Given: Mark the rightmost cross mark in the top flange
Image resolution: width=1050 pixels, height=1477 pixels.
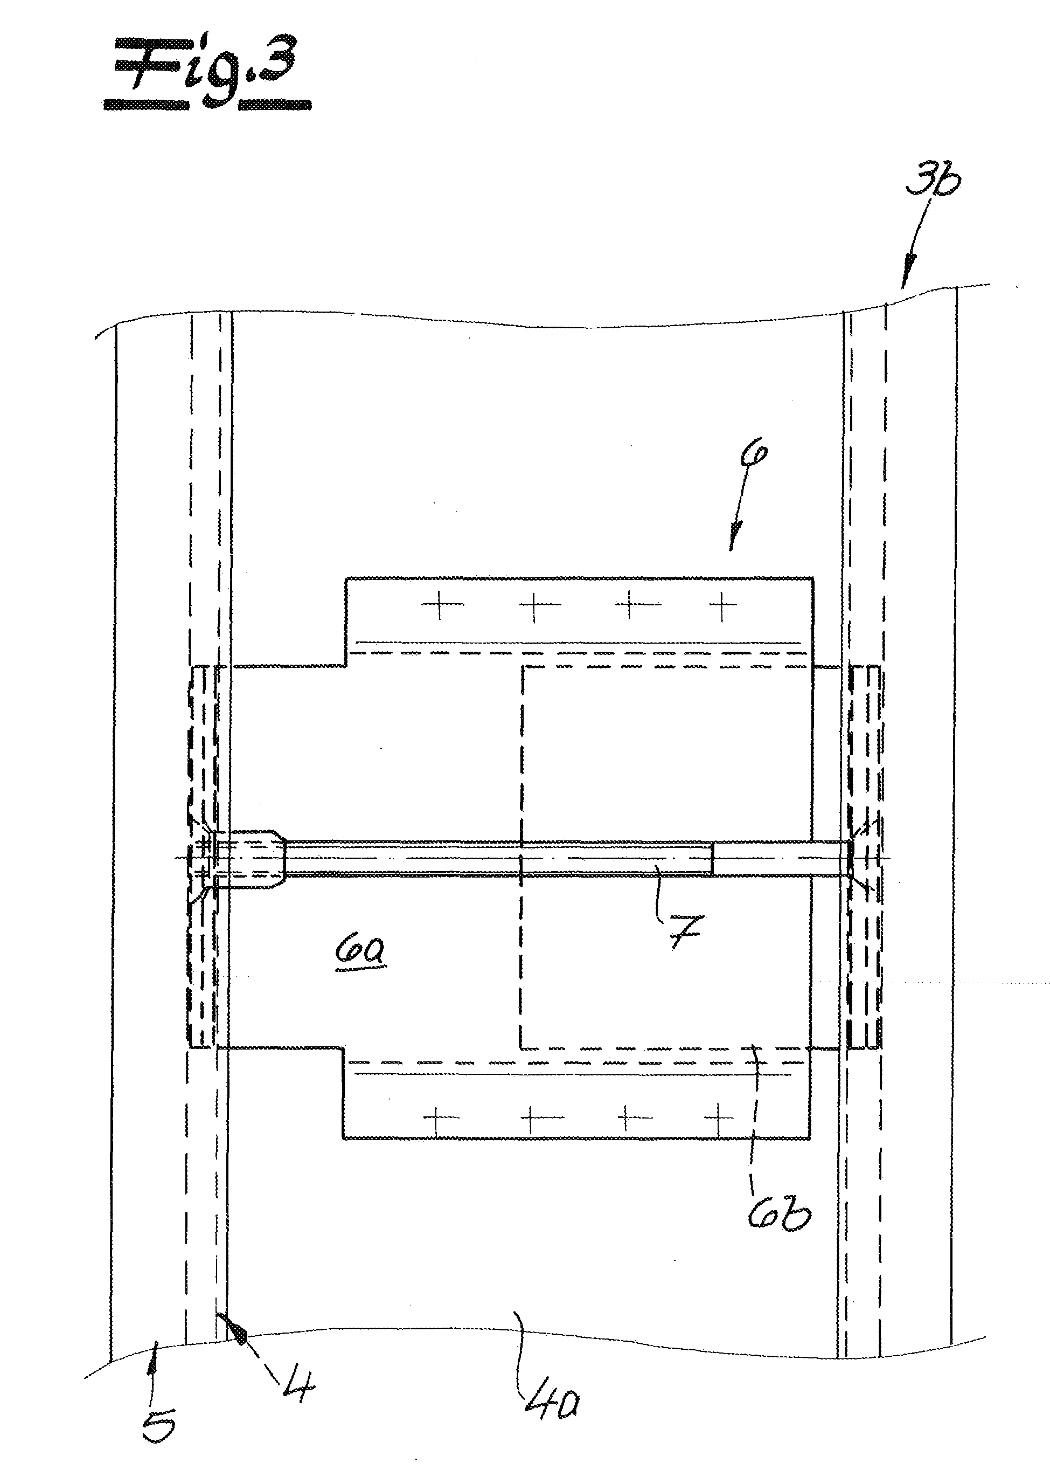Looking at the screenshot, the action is click(723, 605).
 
